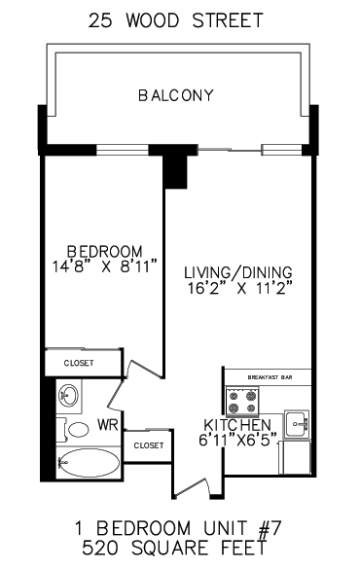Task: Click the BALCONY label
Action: pyautogui.click(x=176, y=95)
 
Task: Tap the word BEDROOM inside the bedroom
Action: pyautogui.click(x=105, y=251)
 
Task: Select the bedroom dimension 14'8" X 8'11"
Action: pyautogui.click(x=105, y=266)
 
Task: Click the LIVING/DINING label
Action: pyautogui.click(x=238, y=272)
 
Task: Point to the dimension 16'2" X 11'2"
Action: pyautogui.click(x=239, y=288)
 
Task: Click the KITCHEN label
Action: pyautogui.click(x=237, y=425)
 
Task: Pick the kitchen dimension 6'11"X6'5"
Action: pyautogui.click(x=237, y=440)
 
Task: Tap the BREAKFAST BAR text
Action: pyautogui.click(x=270, y=377)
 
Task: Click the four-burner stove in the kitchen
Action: pyautogui.click(x=242, y=402)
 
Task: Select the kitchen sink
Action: pyautogui.click(x=297, y=424)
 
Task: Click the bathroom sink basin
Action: pyautogui.click(x=68, y=395)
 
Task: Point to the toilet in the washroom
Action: pyautogui.click(x=74, y=430)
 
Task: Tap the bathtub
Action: pyautogui.click(x=89, y=463)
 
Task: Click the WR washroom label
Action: pyautogui.click(x=108, y=425)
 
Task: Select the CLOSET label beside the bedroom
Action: pyautogui.click(x=79, y=363)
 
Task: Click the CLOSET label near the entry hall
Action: pyautogui.click(x=149, y=445)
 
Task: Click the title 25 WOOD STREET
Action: pyautogui.click(x=176, y=20)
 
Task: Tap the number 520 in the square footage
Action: pyautogui.click(x=100, y=548)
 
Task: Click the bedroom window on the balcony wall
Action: pyautogui.click(x=123, y=150)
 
